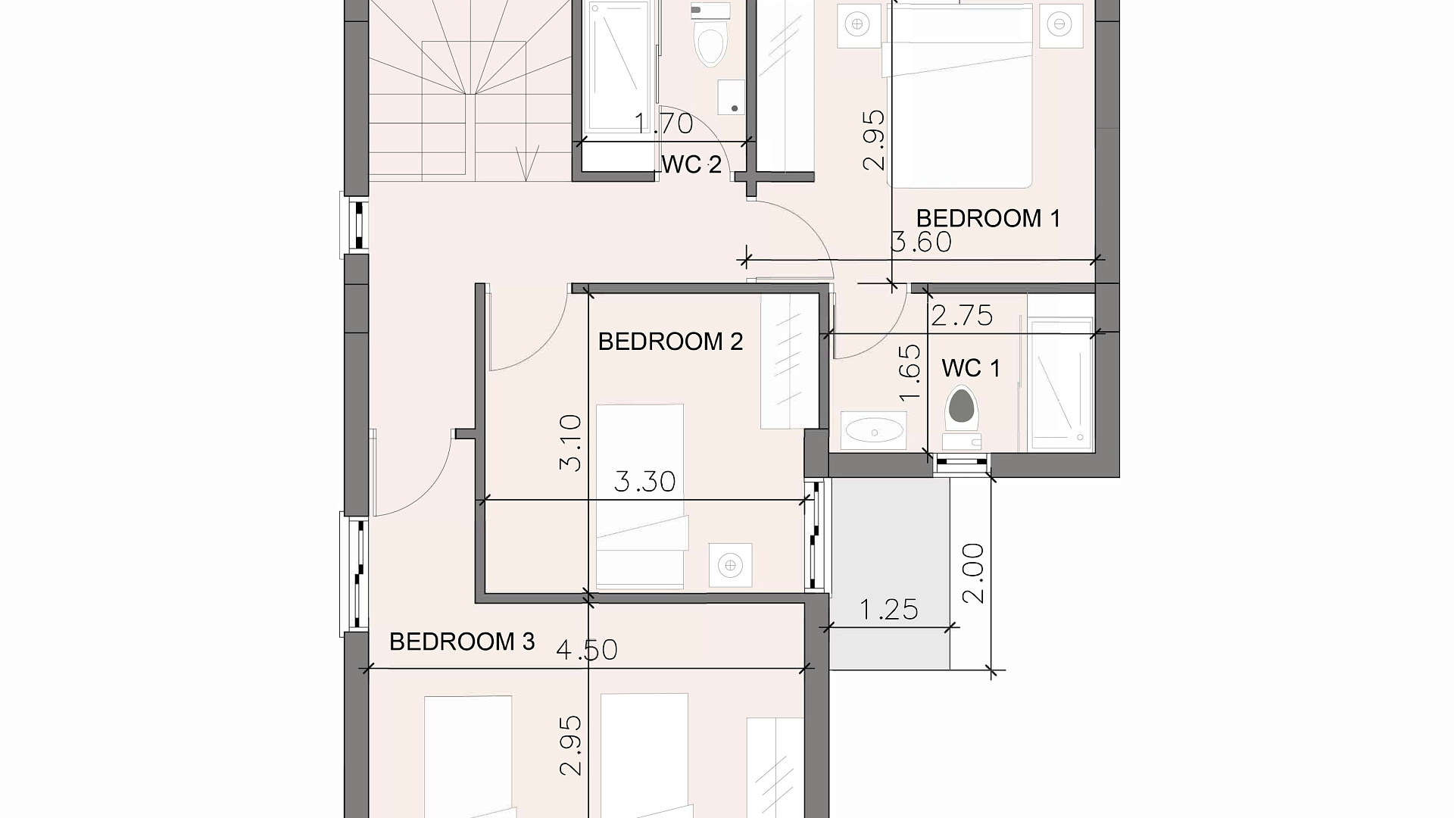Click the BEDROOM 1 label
(x=988, y=218)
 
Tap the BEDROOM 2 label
(x=670, y=342)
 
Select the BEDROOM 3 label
(x=462, y=642)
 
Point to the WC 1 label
(x=971, y=369)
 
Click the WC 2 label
(x=691, y=164)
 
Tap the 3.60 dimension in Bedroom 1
(x=921, y=242)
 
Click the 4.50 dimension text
(x=587, y=650)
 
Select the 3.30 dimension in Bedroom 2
(x=644, y=481)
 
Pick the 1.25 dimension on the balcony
(x=889, y=609)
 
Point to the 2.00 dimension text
(x=973, y=573)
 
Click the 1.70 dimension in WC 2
(x=663, y=123)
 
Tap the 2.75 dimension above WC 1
(x=962, y=315)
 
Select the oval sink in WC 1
(x=874, y=431)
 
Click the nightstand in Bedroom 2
(x=730, y=565)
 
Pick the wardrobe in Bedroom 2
(x=790, y=361)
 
